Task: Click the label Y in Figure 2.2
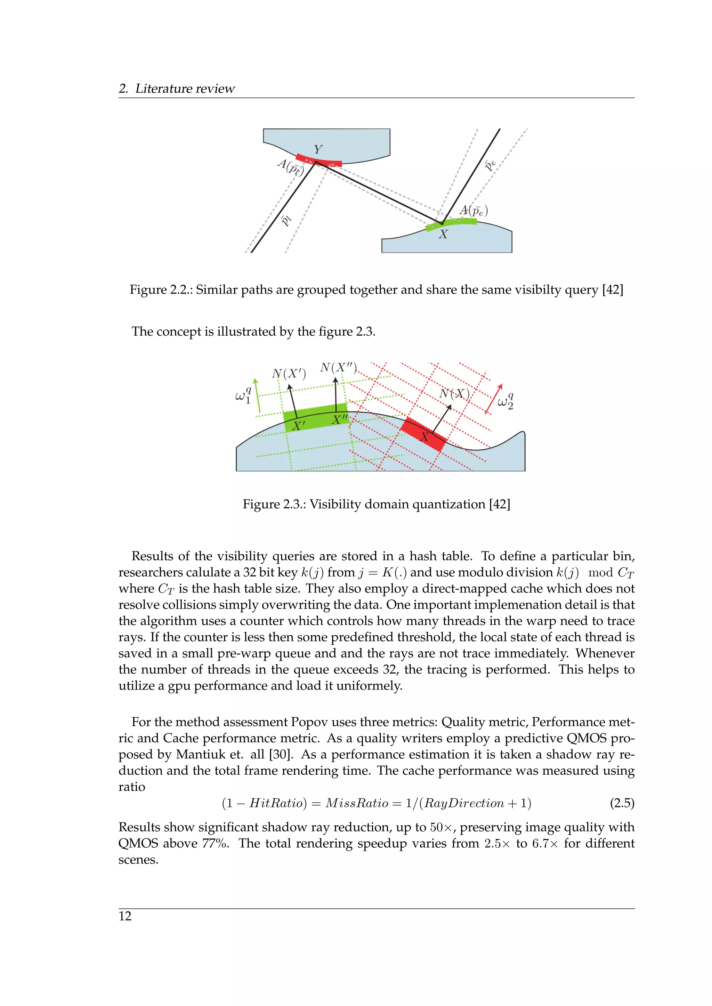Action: [x=318, y=150]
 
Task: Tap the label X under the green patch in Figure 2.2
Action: [x=443, y=234]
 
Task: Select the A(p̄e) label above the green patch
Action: [x=474, y=211]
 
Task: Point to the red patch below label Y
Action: [x=318, y=160]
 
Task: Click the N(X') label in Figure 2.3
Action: [x=289, y=374]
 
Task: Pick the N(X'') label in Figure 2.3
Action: [x=339, y=367]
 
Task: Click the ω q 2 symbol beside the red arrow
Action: [x=505, y=401]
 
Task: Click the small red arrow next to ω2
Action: [x=494, y=399]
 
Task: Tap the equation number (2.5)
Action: [x=622, y=803]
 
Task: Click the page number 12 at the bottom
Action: [x=125, y=916]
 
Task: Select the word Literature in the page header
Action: [x=163, y=89]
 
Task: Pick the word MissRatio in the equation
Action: [x=357, y=803]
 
